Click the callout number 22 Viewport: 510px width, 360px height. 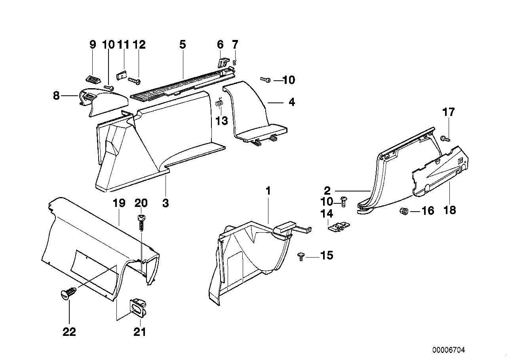pyautogui.click(x=69, y=332)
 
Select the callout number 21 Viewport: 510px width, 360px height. pyautogui.click(x=140, y=332)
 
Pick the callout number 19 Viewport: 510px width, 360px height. pyautogui.click(x=119, y=203)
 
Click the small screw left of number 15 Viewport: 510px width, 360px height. pyautogui.click(x=301, y=257)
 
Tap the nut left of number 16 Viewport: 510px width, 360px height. pyautogui.click(x=403, y=210)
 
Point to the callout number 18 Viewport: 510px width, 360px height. pyautogui.click(x=450, y=210)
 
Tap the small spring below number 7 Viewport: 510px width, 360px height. pyautogui.click(x=235, y=61)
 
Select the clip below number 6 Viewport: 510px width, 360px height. pyautogui.click(x=223, y=61)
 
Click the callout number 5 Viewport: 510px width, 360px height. pyautogui.click(x=182, y=44)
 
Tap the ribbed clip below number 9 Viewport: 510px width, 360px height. pyautogui.click(x=93, y=79)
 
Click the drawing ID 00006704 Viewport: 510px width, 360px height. pyautogui.click(x=449, y=350)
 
